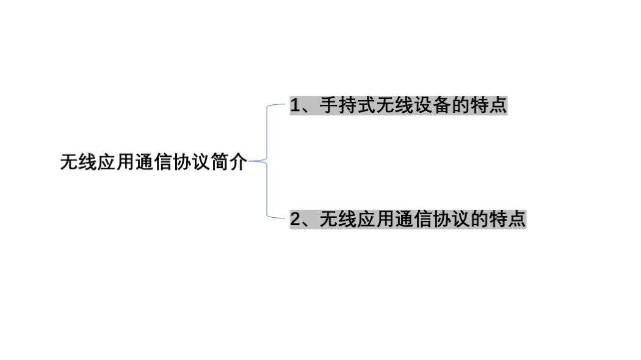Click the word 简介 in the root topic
(x=229, y=162)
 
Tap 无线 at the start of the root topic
(x=78, y=162)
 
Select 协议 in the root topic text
(x=191, y=162)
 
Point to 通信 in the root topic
(x=154, y=162)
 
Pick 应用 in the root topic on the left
(x=116, y=162)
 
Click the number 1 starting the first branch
(x=295, y=106)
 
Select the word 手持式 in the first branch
(x=347, y=106)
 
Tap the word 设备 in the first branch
(x=432, y=106)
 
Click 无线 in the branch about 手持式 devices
(x=394, y=106)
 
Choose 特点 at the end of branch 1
(x=488, y=106)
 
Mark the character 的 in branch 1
(x=460, y=106)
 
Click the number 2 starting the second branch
(x=295, y=219)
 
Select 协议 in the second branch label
(x=450, y=219)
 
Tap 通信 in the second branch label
(x=413, y=219)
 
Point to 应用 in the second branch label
(x=375, y=219)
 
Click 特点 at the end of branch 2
(x=507, y=219)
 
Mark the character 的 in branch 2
(x=479, y=219)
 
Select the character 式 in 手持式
(x=366, y=106)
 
